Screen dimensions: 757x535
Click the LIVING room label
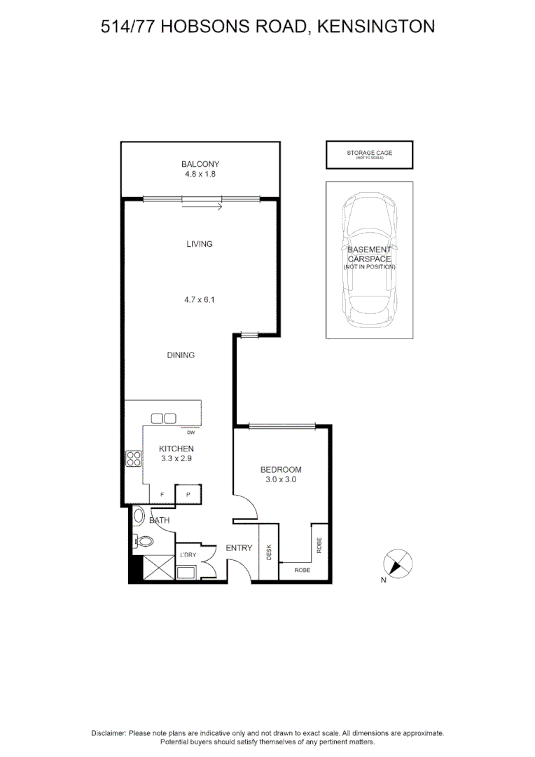(x=199, y=244)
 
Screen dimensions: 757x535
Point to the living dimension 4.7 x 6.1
(x=199, y=299)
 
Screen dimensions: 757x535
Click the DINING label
(x=181, y=355)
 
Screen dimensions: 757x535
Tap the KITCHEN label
(x=176, y=449)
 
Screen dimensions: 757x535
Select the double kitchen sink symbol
(x=163, y=418)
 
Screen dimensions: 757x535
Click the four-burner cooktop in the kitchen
(x=133, y=458)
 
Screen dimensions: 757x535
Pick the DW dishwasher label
(x=190, y=432)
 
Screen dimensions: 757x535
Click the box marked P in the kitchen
(x=188, y=494)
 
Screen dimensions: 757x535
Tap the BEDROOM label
(x=280, y=470)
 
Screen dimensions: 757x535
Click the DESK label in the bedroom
(x=269, y=552)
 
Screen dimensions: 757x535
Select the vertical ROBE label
(x=319, y=545)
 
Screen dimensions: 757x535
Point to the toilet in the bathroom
(x=144, y=541)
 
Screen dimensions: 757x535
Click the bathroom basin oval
(x=139, y=517)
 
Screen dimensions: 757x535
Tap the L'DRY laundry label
(x=188, y=555)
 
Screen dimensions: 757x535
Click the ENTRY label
(x=238, y=547)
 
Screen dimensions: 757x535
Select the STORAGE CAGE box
(x=369, y=154)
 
